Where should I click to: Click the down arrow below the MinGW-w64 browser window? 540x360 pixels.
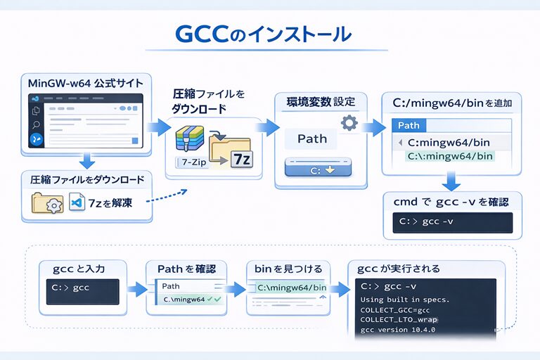86,161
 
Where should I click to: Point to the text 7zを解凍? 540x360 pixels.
111,203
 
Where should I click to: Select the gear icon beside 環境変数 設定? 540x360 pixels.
349,123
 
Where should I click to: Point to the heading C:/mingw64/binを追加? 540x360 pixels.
451,103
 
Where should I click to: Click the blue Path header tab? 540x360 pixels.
409,125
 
